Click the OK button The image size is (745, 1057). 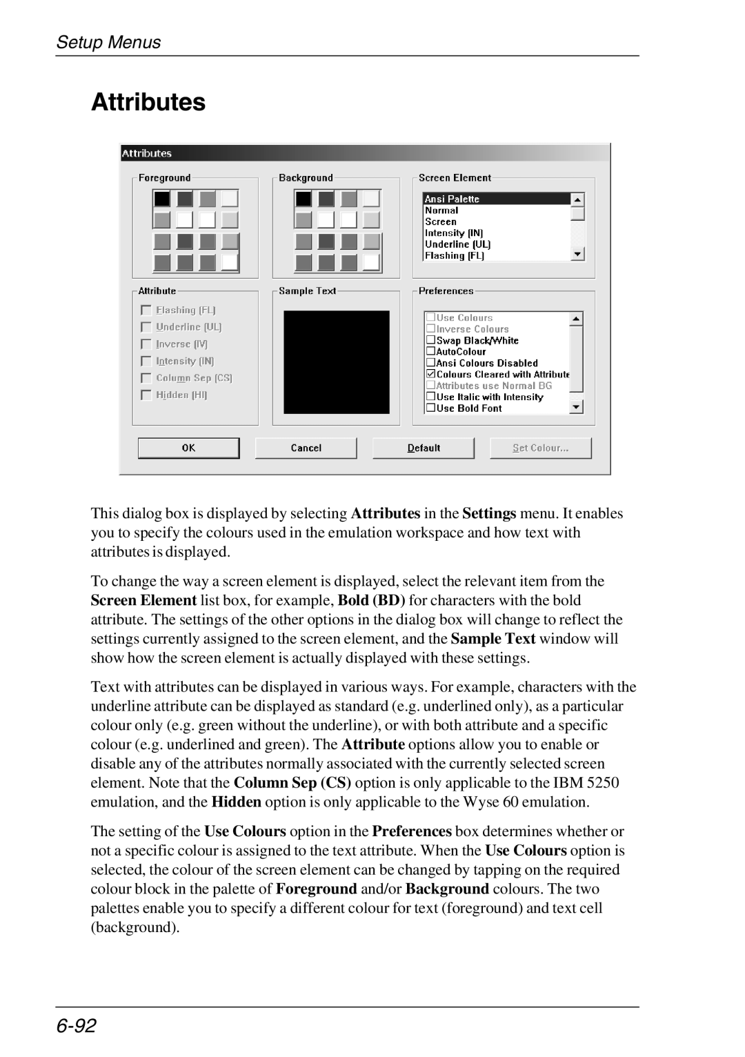[188, 448]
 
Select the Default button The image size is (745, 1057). [423, 448]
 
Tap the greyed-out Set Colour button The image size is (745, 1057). [540, 448]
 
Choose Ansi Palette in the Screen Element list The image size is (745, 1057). [452, 199]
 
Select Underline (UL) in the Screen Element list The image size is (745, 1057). [457, 244]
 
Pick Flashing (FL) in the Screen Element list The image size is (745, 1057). [454, 255]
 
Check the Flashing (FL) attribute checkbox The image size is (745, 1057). [146, 310]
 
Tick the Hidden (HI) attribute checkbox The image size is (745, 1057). [146, 395]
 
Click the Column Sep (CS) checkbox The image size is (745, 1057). [146, 378]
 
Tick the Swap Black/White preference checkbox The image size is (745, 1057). [430, 340]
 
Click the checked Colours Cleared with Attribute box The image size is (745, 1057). [430, 374]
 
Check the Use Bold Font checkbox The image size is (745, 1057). [430, 408]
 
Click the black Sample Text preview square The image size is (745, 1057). [337, 362]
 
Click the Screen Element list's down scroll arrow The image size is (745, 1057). [578, 255]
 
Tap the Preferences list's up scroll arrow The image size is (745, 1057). [577, 319]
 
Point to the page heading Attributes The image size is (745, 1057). [148, 102]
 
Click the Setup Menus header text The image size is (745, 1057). [108, 42]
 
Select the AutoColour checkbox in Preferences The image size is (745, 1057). [430, 351]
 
